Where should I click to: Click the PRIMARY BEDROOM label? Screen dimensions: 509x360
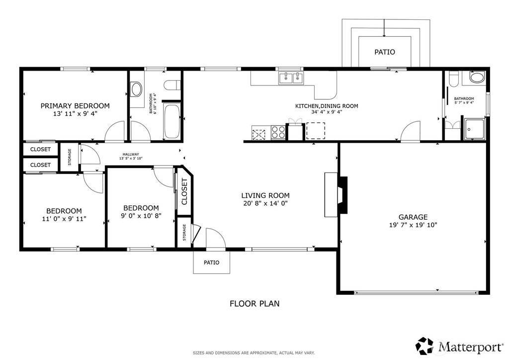click(x=75, y=106)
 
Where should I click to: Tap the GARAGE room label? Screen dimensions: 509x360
click(x=413, y=217)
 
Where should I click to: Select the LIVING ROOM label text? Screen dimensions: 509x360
click(x=265, y=195)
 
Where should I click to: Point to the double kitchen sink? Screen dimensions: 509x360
click(x=290, y=78)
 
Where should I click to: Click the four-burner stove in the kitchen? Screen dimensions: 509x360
click(x=278, y=132)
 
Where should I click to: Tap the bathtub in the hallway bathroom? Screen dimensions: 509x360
click(x=172, y=121)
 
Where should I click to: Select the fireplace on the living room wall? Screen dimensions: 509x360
click(x=336, y=194)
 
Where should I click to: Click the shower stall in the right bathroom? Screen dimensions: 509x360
click(x=474, y=129)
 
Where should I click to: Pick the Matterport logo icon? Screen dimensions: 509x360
click(x=424, y=346)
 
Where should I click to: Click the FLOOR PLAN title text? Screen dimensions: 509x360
click(x=254, y=303)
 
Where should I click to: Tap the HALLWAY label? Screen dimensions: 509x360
click(x=131, y=155)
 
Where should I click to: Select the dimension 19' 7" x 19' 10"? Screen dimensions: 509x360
click(x=413, y=225)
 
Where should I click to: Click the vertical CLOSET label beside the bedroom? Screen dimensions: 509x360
click(x=184, y=191)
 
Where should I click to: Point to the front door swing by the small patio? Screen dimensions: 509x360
click(x=216, y=238)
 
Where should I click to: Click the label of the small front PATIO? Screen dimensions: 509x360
click(x=211, y=262)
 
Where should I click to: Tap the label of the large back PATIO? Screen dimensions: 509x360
click(x=385, y=52)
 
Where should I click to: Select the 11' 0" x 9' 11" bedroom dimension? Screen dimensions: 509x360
click(x=64, y=219)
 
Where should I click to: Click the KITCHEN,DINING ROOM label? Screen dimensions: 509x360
click(x=327, y=106)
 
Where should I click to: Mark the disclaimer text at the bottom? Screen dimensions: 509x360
click(x=254, y=353)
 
